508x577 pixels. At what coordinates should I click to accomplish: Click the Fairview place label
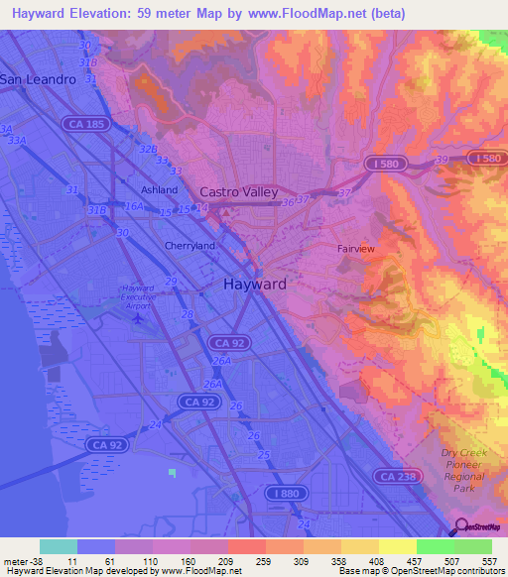click(355, 249)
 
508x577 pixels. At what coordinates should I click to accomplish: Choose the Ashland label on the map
click(158, 189)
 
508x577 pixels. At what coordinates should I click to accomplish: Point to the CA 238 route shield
click(400, 477)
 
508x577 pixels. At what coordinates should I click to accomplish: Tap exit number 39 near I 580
click(443, 159)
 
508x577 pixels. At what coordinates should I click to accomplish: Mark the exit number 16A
click(134, 206)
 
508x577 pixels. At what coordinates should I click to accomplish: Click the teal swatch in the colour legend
click(58, 546)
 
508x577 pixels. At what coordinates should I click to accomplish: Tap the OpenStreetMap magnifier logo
click(461, 526)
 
